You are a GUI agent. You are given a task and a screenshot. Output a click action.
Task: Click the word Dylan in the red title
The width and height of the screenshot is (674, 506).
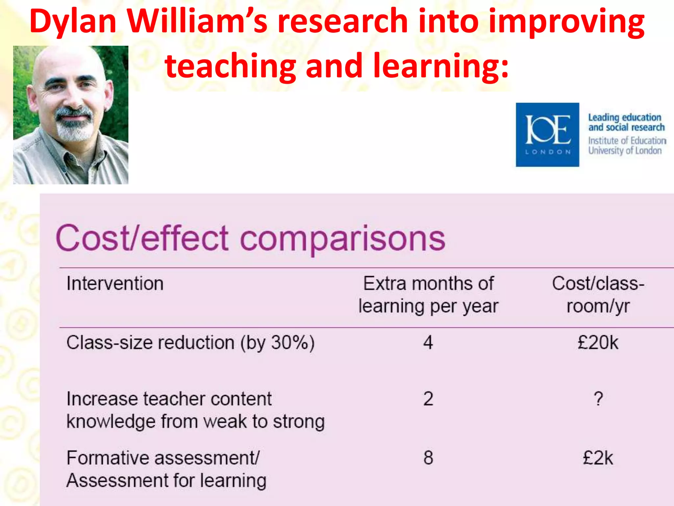(x=73, y=22)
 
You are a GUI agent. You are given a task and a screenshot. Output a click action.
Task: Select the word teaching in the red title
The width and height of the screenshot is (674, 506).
(x=230, y=66)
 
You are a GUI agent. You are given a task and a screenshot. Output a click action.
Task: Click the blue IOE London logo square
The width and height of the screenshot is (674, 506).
(x=547, y=134)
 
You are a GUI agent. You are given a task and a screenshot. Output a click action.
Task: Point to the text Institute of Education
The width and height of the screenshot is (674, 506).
(x=627, y=141)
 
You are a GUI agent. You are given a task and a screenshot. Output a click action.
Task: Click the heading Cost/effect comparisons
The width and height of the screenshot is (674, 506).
(x=250, y=238)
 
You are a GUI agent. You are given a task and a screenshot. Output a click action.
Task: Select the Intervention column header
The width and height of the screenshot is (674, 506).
(x=115, y=284)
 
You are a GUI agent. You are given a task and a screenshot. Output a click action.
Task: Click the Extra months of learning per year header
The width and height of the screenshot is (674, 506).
(x=428, y=295)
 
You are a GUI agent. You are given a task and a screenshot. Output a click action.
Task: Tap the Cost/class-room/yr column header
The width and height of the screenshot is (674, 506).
(x=598, y=295)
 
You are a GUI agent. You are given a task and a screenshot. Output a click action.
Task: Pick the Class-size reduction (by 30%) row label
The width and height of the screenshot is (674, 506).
(x=191, y=343)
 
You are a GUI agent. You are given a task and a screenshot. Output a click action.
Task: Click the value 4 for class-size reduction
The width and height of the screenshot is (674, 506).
(x=428, y=343)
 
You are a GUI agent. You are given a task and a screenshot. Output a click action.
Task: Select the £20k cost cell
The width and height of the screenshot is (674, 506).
(x=598, y=343)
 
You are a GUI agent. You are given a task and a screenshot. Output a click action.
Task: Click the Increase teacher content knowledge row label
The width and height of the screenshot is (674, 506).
(x=195, y=410)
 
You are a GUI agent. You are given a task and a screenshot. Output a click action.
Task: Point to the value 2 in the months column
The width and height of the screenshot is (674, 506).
(x=428, y=399)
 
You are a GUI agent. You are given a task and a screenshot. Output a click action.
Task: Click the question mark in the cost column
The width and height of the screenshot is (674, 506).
(x=598, y=399)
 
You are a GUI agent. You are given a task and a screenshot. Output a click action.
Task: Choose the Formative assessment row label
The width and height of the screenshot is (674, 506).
(x=166, y=469)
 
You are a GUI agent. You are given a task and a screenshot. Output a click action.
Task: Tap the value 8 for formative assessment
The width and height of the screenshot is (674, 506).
(x=428, y=458)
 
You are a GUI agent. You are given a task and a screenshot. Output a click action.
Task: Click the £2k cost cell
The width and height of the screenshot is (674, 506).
(x=598, y=458)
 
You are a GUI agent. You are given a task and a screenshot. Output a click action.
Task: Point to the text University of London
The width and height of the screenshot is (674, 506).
(x=625, y=151)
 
